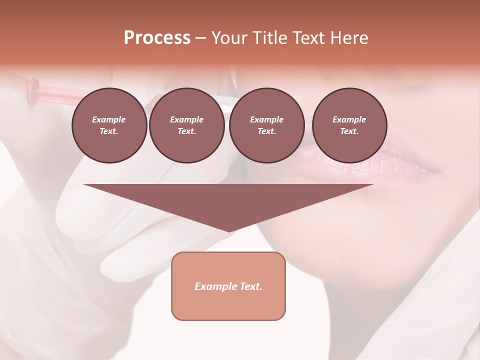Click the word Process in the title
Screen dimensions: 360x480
(x=157, y=37)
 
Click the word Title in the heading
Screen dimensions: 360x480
(x=269, y=37)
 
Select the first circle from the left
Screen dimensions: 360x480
(x=109, y=125)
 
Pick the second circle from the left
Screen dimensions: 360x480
(x=186, y=125)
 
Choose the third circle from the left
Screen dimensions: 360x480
(x=266, y=125)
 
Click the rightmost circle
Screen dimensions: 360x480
(x=349, y=125)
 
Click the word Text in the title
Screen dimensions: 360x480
(x=308, y=37)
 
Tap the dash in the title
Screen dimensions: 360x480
(x=200, y=38)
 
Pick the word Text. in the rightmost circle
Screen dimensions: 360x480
(x=349, y=131)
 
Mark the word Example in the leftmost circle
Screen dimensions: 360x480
(x=109, y=119)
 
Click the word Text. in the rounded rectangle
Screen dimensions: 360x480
(x=251, y=286)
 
